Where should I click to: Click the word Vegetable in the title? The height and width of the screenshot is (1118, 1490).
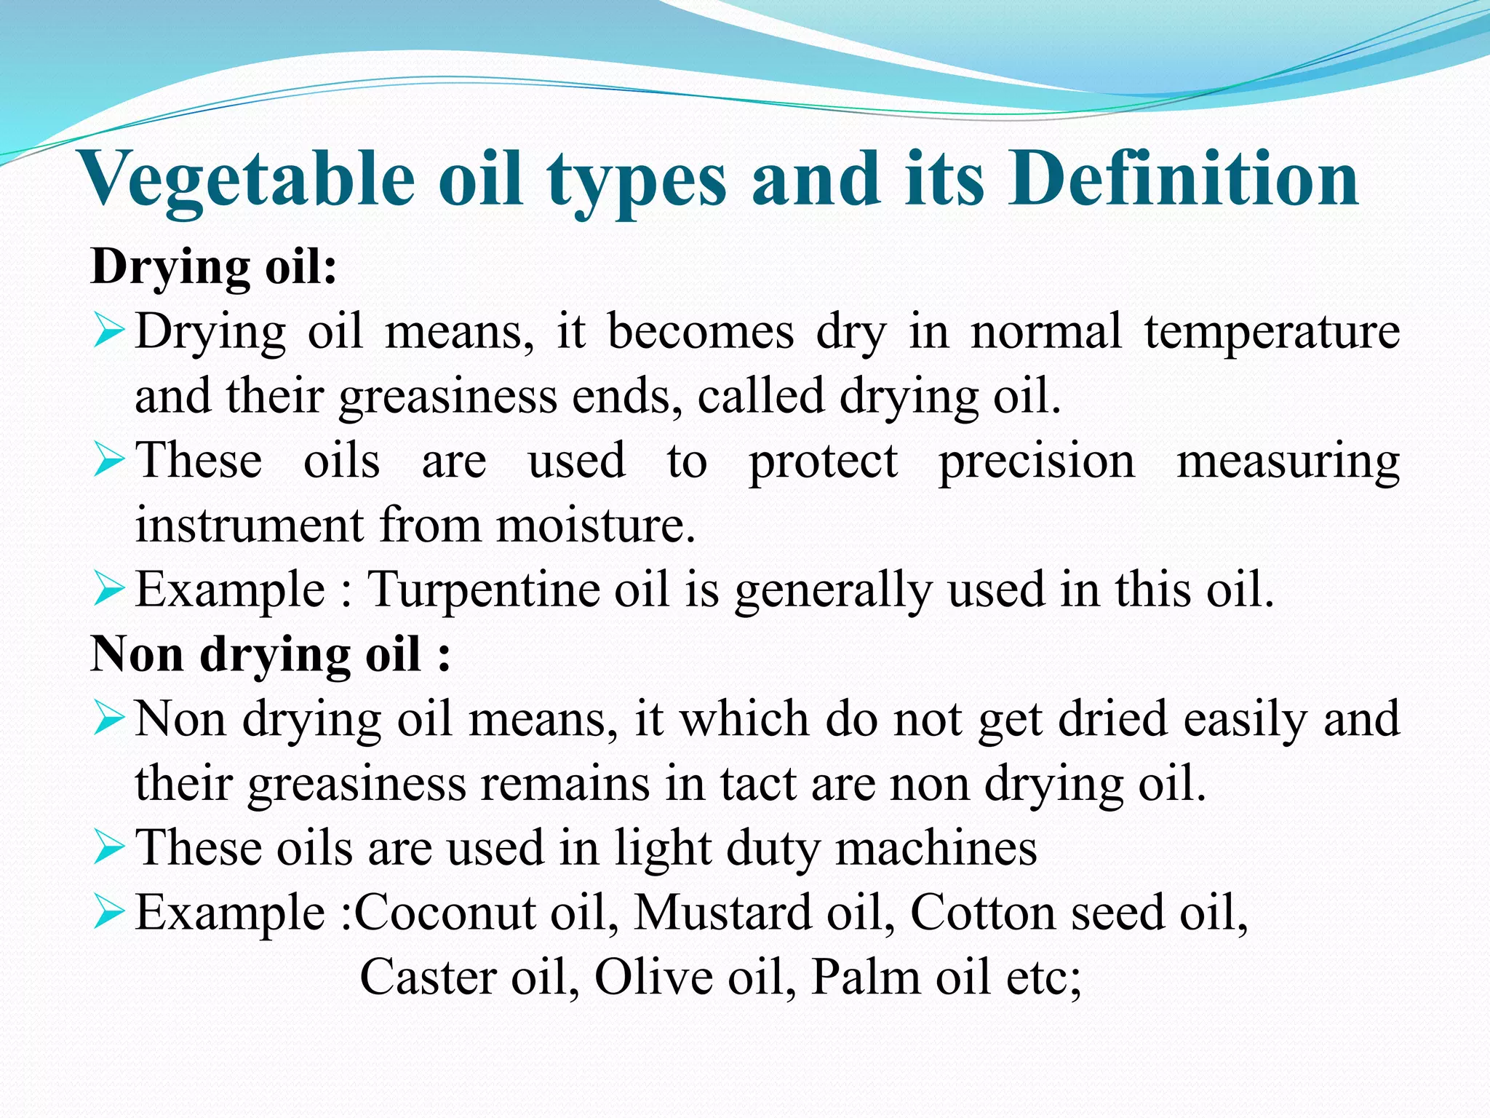247,180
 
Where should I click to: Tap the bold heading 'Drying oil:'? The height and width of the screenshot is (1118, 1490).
214,267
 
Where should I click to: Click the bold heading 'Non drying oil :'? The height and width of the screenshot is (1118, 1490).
270,654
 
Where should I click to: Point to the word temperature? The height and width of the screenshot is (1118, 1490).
1272,332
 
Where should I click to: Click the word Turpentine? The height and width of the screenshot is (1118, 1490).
482,590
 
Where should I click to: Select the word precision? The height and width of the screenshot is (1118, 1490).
1037,462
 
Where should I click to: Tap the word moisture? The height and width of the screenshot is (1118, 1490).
596,526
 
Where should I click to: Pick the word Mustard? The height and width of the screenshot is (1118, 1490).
722,912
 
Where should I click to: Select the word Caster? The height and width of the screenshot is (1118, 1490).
428,977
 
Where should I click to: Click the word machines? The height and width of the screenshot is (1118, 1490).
936,848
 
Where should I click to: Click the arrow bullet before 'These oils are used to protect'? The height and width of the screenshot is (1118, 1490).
110,461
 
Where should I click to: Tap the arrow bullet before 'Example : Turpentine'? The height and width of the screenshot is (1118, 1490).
110,590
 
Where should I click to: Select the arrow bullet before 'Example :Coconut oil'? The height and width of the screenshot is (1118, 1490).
110,913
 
